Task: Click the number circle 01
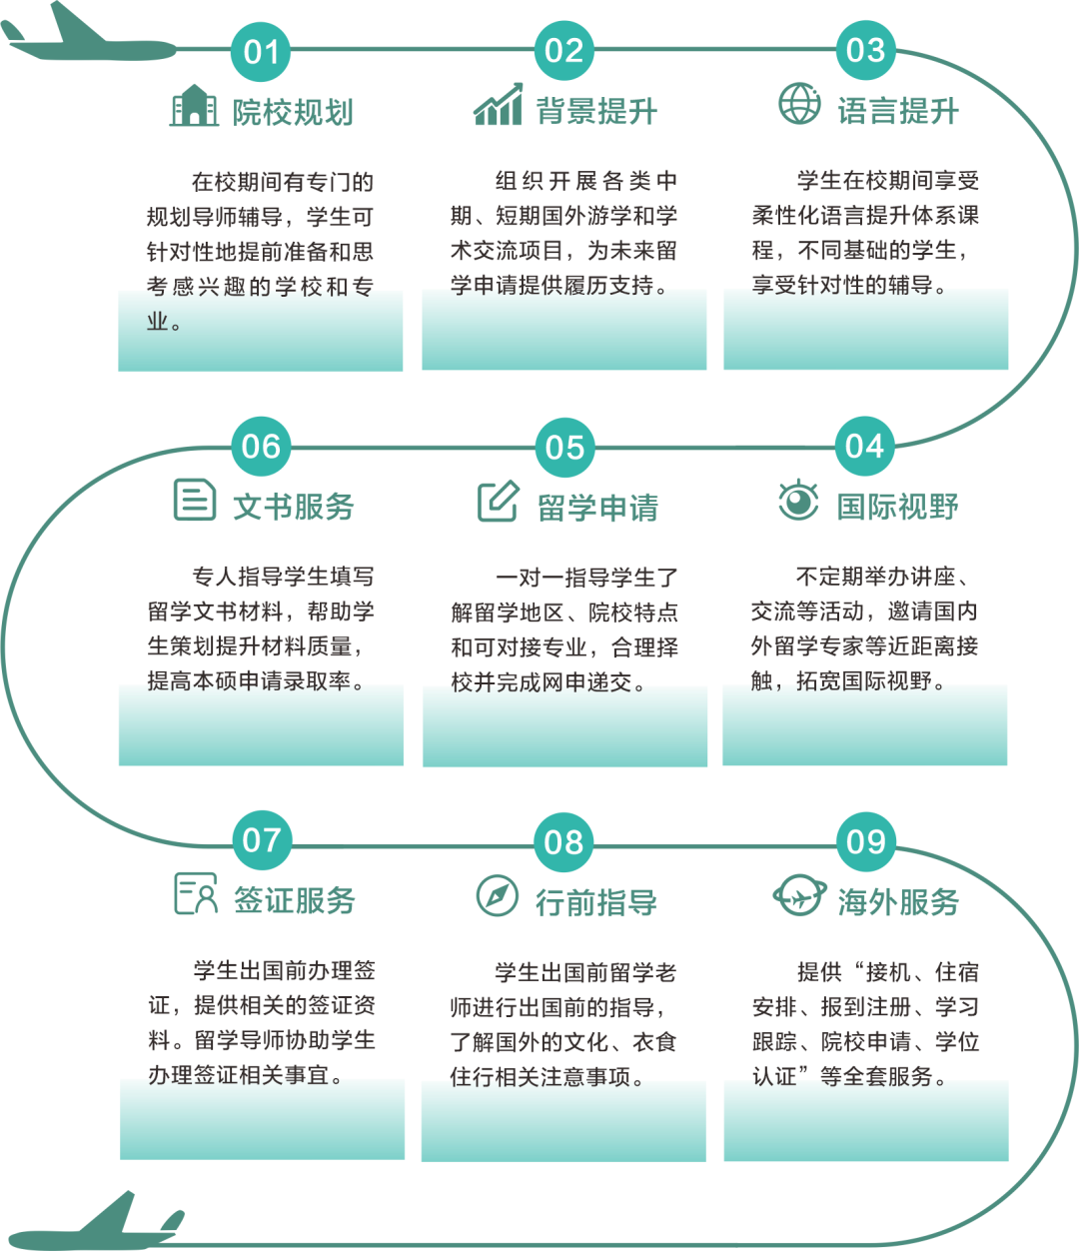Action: coord(261,51)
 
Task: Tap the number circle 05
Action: coord(564,447)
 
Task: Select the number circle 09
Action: coord(865,841)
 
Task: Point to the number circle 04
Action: coord(865,446)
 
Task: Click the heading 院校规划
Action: coord(294,112)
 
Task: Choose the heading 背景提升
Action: coord(596,111)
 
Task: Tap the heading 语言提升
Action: coord(898,111)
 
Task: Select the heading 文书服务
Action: coord(294,507)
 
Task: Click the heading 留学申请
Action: coord(597,508)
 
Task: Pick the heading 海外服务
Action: coord(898,902)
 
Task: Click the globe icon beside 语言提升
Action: coord(799,104)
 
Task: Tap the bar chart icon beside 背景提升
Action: coord(498,105)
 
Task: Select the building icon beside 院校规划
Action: coord(194,106)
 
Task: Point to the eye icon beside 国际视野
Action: coord(798,500)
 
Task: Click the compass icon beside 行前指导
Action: coord(497,895)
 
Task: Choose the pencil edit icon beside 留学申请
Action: coord(498,501)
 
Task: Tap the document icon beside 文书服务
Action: coord(195,499)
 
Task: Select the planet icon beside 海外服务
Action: coord(799,895)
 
